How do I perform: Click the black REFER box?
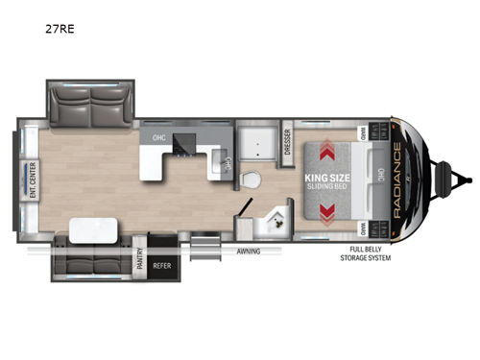pos(165,269)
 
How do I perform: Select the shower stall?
pos(255,140)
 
